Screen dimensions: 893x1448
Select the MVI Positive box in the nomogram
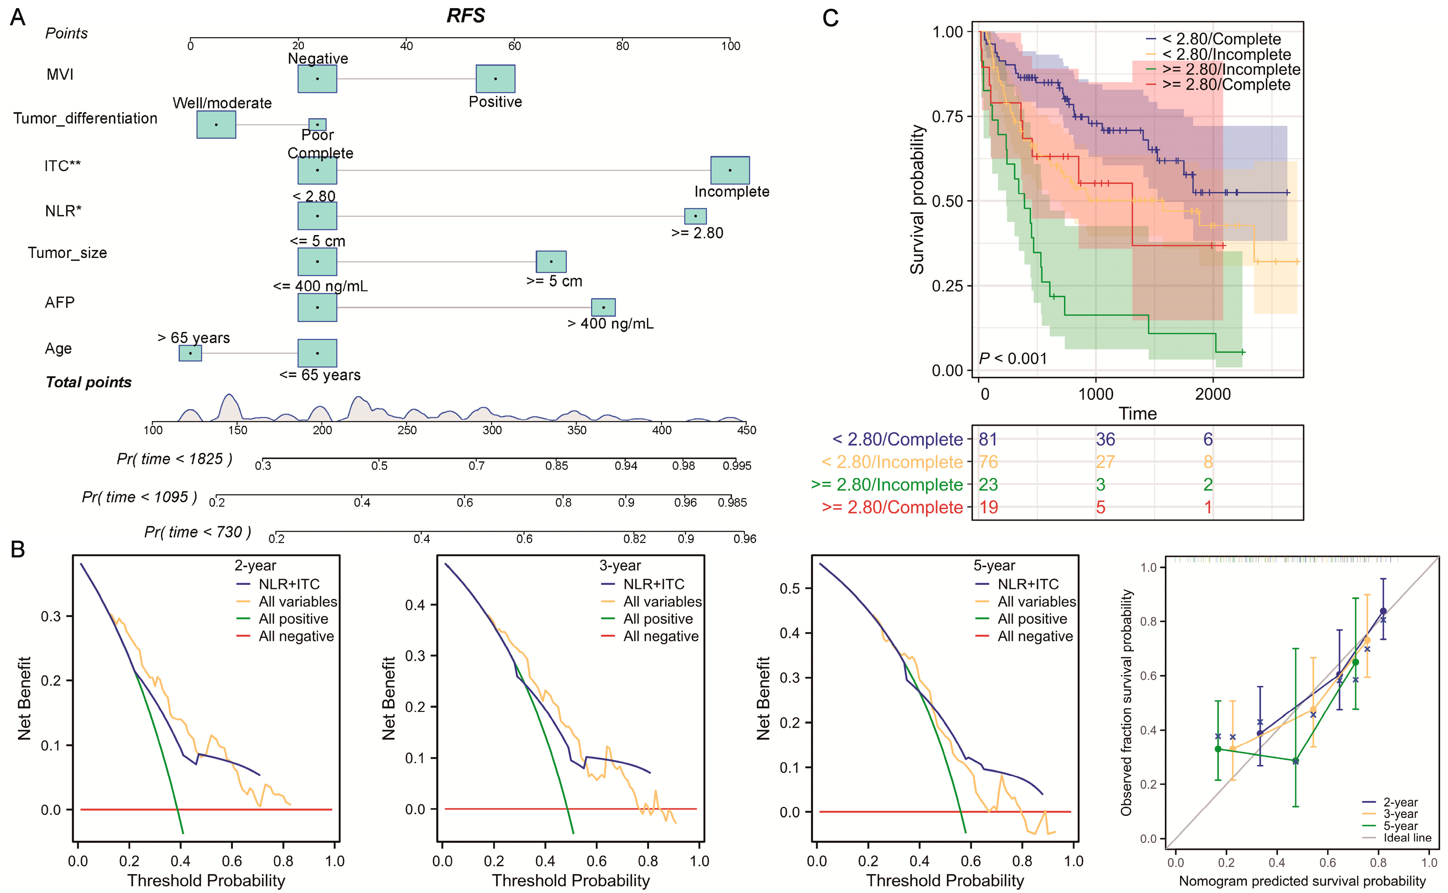coord(495,79)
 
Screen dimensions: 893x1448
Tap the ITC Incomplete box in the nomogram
coord(730,170)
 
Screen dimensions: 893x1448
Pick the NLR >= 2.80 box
coord(695,216)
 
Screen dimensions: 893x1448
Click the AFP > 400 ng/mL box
coord(603,307)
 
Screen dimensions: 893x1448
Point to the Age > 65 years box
coord(190,353)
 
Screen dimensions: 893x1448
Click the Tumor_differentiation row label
coord(86,119)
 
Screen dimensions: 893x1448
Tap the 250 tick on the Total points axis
coord(407,430)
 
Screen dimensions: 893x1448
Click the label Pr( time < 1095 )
coord(139,497)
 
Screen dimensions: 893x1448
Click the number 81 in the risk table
coord(988,439)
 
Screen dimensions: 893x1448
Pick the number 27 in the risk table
coord(1105,462)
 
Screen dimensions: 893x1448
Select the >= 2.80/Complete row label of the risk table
coord(892,507)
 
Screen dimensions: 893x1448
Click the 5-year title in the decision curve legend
coord(994,566)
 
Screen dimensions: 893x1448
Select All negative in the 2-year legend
coord(297,636)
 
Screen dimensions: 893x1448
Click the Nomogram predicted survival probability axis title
coord(1302,881)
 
